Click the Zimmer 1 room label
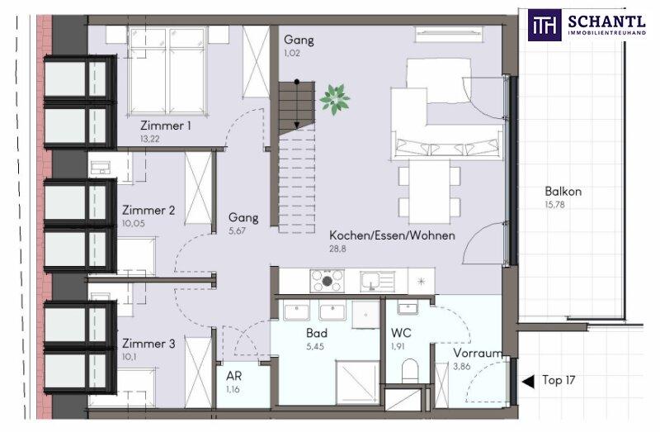point(166,126)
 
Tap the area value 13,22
point(150,139)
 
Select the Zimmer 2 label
point(148,210)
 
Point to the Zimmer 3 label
point(148,344)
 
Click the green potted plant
point(335,99)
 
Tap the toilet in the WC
point(409,369)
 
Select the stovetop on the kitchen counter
point(327,281)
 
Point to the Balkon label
point(563,192)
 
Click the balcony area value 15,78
point(554,205)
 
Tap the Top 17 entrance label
point(559,380)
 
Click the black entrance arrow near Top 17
point(528,382)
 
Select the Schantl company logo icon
point(544,25)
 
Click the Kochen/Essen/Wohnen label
point(392,235)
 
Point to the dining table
point(429,192)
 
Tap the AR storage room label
point(234,375)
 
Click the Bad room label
point(317,333)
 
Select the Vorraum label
point(478,354)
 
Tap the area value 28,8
point(337,249)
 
